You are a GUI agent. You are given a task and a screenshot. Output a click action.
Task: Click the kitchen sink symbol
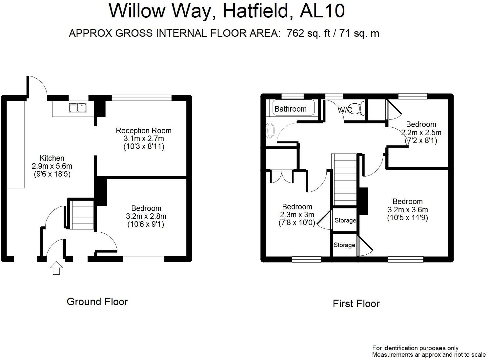[77, 107]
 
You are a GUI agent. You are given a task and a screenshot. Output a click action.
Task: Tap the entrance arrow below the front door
[56, 267]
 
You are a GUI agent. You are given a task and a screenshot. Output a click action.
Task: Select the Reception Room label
[144, 131]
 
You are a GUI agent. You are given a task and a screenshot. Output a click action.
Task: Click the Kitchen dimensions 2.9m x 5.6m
[52, 166]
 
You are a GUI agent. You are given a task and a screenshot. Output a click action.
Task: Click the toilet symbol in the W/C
[360, 109]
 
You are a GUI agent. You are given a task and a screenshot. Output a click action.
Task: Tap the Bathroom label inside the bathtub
[291, 109]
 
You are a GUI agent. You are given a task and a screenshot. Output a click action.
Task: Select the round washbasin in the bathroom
[271, 131]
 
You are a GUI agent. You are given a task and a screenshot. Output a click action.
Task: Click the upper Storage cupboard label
[345, 221]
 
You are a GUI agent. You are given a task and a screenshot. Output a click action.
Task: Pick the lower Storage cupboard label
[344, 245]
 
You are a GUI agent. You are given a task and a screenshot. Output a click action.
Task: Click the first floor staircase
[345, 180]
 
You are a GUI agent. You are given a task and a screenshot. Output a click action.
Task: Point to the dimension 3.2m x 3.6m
[408, 210]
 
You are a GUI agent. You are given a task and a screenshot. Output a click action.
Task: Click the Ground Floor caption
[97, 302]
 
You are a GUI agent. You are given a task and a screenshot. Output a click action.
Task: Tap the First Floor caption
[356, 304]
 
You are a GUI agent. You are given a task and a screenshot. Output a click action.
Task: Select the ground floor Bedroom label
[146, 208]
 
